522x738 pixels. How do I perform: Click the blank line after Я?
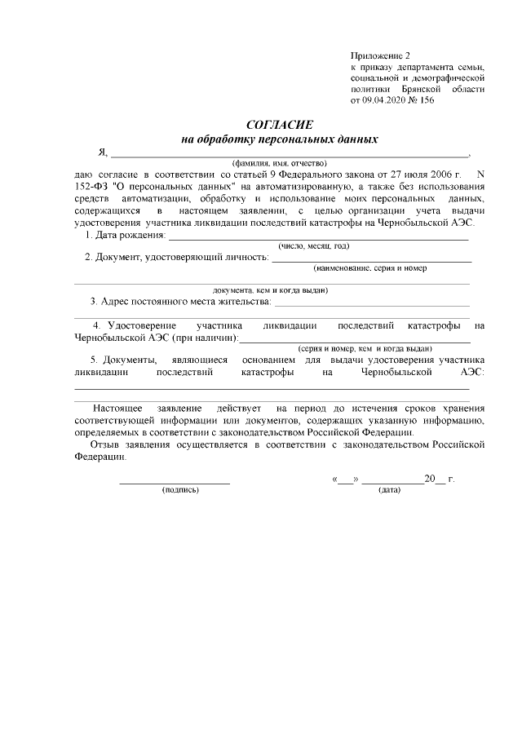[x=290, y=153]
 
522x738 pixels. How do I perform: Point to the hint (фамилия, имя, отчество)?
[x=280, y=163]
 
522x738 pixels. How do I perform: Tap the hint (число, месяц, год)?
[x=314, y=246]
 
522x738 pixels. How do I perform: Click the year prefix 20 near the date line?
[x=429, y=479]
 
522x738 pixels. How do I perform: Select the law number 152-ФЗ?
[x=88, y=187]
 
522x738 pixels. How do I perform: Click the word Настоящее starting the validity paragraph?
[x=119, y=407]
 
